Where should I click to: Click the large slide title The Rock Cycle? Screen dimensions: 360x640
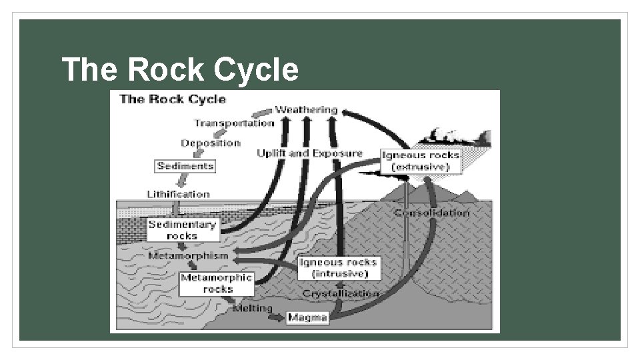[180, 69]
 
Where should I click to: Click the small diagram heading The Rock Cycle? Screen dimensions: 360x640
[173, 99]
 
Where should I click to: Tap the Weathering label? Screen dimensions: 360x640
[307, 109]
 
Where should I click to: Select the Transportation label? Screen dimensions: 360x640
[234, 123]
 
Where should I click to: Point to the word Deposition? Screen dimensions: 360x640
[211, 143]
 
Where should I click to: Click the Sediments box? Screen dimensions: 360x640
[185, 166]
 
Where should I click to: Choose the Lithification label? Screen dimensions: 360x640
[178, 194]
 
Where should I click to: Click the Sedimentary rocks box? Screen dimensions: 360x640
[182, 230]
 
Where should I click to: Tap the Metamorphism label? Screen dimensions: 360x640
[189, 255]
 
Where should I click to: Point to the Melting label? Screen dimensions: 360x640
[251, 309]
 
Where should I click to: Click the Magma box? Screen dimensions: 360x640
[307, 318]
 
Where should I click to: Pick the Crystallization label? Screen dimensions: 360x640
[341, 293]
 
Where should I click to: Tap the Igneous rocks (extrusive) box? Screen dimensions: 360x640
[420, 161]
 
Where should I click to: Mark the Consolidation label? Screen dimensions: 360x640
[431, 213]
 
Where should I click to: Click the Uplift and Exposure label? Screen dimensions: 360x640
[310, 153]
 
